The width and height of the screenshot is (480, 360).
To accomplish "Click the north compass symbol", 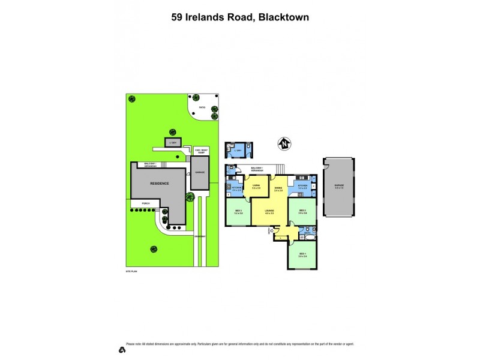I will point(284,144).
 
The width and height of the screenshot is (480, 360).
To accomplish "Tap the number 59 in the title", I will point(177,17).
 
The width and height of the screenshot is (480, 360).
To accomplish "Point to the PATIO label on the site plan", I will point(202,108).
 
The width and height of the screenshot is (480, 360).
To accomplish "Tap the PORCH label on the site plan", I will point(145,204).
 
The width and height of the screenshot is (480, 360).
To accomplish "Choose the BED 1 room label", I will point(302,255).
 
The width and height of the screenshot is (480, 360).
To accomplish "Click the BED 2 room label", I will point(302,212).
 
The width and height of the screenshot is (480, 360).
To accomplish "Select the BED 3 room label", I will point(238,212).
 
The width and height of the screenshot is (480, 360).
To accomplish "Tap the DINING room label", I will point(278,188).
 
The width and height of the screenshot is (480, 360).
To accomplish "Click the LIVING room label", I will point(256,186).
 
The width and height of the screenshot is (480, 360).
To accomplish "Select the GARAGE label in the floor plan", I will point(340,186).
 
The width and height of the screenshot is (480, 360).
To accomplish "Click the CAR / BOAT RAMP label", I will point(200,151).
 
